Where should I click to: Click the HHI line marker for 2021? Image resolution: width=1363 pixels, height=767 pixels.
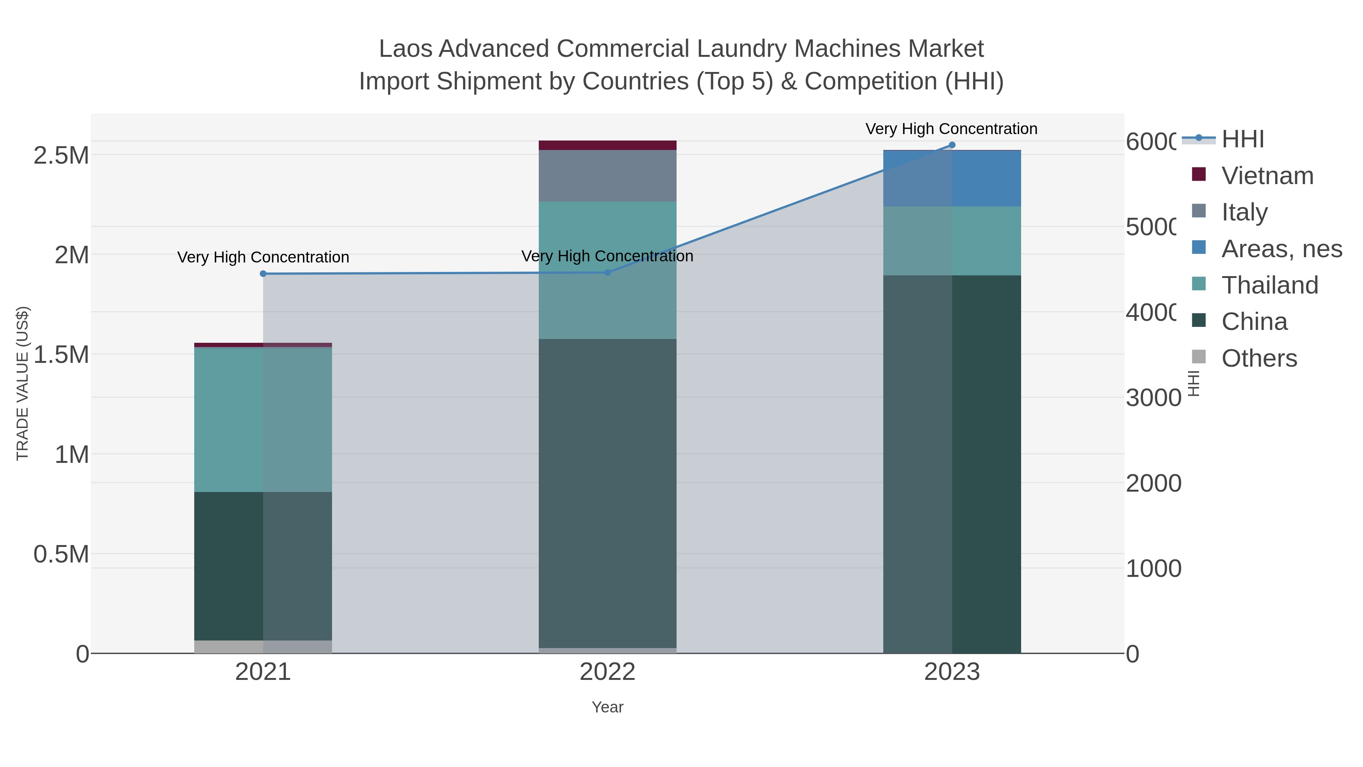pyautogui.click(x=263, y=274)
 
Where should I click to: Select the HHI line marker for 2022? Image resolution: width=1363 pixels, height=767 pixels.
pyautogui.click(x=607, y=273)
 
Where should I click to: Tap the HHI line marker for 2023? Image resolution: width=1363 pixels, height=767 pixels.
pyautogui.click(x=952, y=145)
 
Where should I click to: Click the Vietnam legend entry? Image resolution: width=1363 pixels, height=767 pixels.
pyautogui.click(x=1267, y=176)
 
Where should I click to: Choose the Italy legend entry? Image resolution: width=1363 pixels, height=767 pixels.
pyautogui.click(x=1244, y=212)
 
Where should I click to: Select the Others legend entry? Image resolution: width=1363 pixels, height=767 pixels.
pyautogui.click(x=1259, y=358)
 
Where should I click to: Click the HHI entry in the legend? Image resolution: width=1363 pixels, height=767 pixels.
pyautogui.click(x=1242, y=139)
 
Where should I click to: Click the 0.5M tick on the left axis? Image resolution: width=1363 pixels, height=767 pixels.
pyautogui.click(x=61, y=554)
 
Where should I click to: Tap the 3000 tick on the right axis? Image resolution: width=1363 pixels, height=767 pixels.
pyautogui.click(x=1153, y=398)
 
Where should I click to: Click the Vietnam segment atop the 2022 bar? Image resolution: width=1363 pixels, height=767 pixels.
pyautogui.click(x=607, y=145)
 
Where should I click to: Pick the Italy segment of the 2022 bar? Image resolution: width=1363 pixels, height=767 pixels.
pyautogui.click(x=607, y=176)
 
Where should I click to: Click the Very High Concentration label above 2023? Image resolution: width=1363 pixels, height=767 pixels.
pyautogui.click(x=951, y=129)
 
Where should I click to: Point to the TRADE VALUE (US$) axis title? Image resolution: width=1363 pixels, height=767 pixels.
pyautogui.click(x=22, y=383)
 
